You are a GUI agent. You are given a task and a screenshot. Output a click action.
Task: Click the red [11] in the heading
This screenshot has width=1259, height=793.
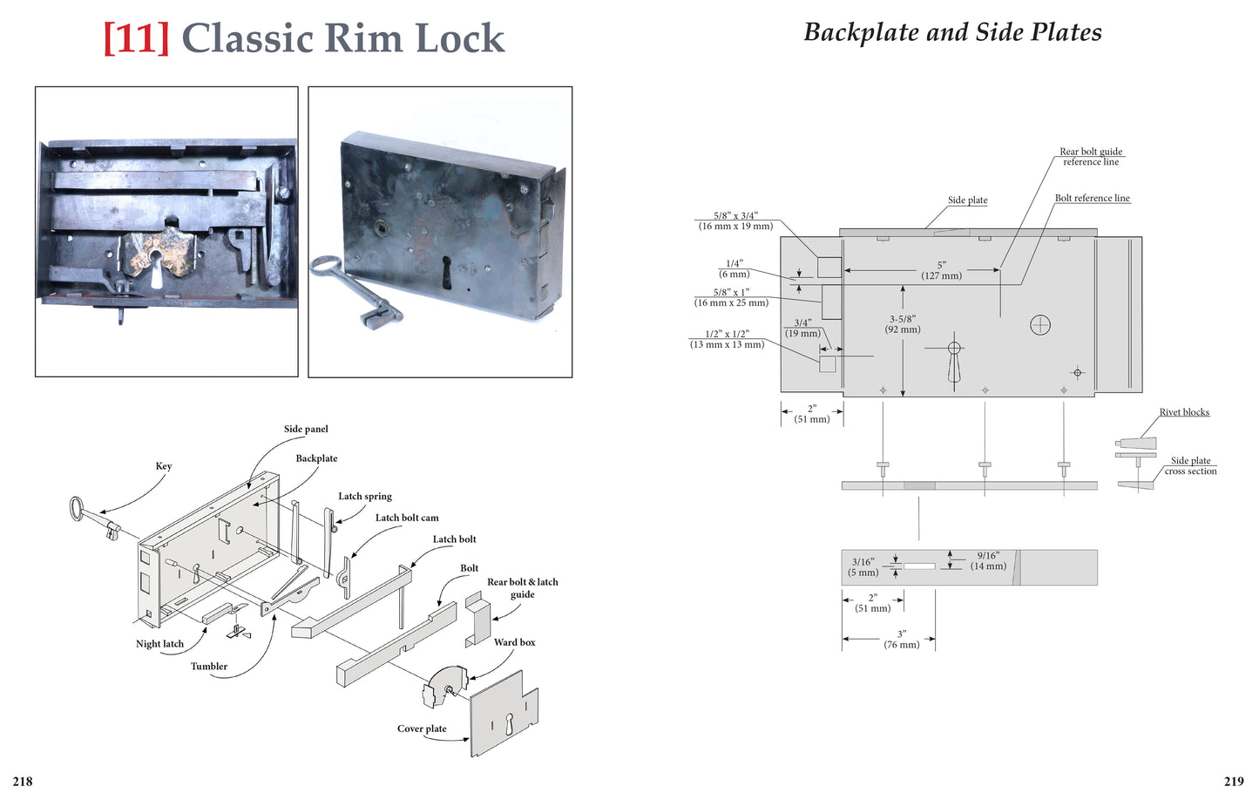[x=136, y=38]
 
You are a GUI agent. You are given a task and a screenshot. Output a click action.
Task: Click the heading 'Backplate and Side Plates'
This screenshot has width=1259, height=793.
[x=952, y=32]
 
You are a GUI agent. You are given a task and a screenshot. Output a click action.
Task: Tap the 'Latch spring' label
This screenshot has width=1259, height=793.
[x=365, y=497]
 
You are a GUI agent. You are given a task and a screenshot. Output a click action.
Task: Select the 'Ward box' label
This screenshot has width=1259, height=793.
[x=514, y=642]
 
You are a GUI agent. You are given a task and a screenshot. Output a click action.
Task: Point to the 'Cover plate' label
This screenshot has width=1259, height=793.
[x=422, y=729]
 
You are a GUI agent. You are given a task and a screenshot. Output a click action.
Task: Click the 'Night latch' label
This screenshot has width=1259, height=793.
[x=159, y=644]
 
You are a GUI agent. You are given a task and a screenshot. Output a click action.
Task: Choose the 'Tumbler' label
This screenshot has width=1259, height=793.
[x=209, y=667]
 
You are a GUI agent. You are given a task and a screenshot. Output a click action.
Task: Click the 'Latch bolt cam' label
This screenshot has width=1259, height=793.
[x=407, y=518]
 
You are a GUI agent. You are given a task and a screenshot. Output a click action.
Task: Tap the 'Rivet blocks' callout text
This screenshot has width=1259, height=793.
[x=1184, y=412]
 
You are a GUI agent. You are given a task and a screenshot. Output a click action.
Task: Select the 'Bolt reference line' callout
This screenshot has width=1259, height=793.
[x=1092, y=198]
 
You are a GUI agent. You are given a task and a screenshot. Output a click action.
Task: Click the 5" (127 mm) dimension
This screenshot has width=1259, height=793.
[x=941, y=270]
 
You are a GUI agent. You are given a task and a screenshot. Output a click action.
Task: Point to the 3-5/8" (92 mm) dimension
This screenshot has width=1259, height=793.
[x=903, y=324]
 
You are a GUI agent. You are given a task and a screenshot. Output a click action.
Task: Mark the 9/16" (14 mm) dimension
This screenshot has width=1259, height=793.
[x=988, y=560]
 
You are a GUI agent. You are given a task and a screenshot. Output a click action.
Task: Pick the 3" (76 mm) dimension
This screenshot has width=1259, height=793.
[x=902, y=640]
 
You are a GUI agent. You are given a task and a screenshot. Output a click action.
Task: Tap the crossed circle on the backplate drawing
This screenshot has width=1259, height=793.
[x=1040, y=325]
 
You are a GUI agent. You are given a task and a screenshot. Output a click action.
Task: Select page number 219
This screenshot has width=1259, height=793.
[x=1234, y=782]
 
